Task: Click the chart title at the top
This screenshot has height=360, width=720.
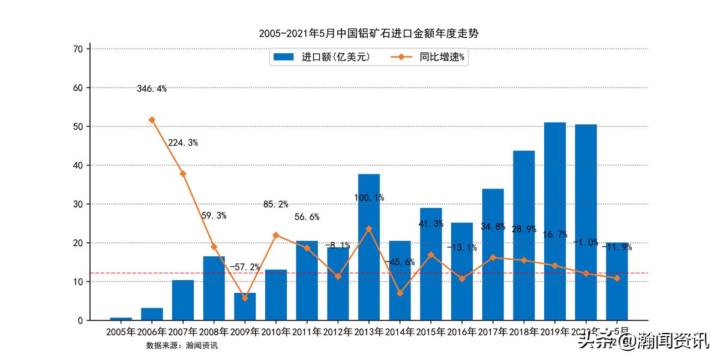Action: coord(368,34)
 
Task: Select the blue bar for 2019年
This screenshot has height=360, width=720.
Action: coord(555,222)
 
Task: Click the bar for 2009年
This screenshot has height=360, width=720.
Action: coord(245,307)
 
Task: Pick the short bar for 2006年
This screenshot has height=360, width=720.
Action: coord(152,314)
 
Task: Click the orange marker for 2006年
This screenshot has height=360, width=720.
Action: coord(152,120)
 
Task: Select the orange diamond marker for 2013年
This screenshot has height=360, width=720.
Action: coord(369,229)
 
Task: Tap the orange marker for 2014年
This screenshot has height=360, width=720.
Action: coord(400,293)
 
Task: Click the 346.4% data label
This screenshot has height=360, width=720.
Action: coord(152,89)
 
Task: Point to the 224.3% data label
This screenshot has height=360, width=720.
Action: coord(183,143)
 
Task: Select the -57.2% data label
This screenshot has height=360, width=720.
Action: coord(245,266)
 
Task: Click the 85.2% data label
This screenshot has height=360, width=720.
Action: coord(276,205)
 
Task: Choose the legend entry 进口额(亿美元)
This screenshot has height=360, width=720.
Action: coord(324,57)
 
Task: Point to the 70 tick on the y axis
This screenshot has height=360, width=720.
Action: coord(78,49)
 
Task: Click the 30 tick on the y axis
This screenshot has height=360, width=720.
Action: coord(78,204)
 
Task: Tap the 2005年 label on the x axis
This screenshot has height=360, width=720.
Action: coord(121,331)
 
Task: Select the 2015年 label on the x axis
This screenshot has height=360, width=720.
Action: coord(431,331)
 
